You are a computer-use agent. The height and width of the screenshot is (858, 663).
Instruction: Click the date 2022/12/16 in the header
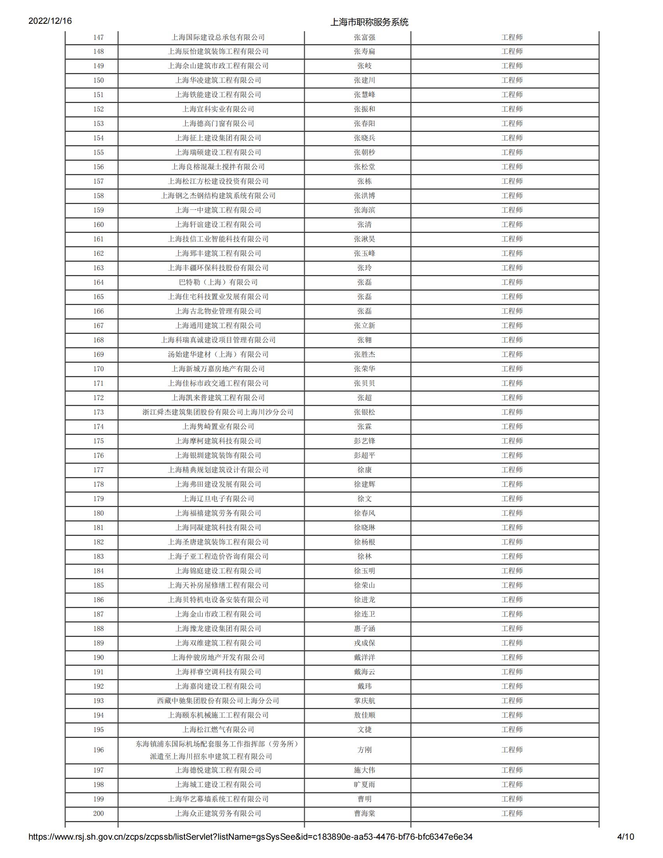(50, 21)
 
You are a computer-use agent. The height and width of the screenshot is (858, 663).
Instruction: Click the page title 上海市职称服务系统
(369, 22)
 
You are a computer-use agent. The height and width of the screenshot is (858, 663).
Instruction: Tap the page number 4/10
(625, 837)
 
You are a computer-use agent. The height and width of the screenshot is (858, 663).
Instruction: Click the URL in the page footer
(250, 837)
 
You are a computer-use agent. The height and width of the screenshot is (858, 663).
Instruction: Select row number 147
(98, 37)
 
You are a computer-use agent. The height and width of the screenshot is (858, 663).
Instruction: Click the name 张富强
(364, 37)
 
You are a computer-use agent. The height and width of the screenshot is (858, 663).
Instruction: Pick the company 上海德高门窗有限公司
(218, 123)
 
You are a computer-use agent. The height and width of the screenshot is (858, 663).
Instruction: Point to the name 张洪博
(364, 196)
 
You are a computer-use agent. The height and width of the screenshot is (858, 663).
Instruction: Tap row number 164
(98, 282)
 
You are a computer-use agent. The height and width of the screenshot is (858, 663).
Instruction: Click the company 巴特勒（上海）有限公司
(218, 282)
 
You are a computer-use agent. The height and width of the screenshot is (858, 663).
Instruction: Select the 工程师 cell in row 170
(511, 369)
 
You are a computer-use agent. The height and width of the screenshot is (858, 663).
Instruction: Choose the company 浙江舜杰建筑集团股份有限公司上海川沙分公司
(218, 412)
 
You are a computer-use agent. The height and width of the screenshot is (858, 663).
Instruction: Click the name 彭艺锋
(364, 441)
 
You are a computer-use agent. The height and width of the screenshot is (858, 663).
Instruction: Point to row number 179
(98, 498)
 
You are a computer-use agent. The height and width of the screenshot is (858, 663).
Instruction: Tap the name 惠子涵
(364, 629)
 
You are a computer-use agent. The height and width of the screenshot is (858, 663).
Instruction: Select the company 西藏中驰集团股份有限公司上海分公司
(218, 700)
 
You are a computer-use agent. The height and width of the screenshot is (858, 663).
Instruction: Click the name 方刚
(364, 750)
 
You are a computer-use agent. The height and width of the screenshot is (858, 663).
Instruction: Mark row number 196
(98, 750)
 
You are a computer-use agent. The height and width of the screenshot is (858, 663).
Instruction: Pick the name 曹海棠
(364, 813)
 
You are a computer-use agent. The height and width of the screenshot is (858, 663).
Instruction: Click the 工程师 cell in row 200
(511, 813)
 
